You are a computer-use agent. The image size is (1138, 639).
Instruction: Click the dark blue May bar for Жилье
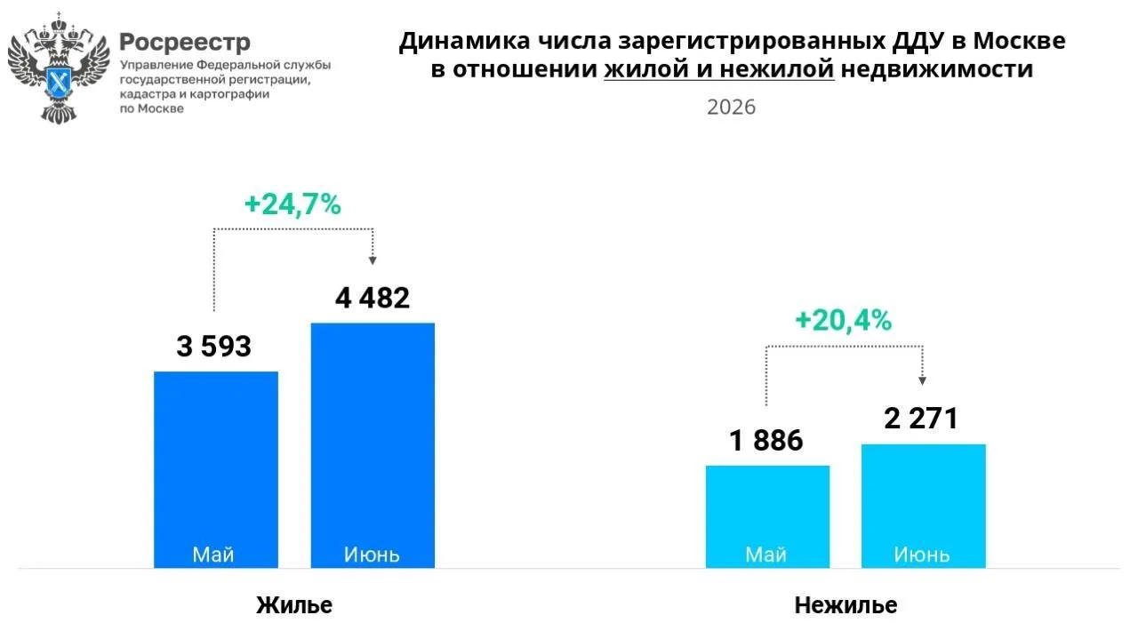pos(216,469)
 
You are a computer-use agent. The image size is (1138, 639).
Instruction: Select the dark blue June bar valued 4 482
pos(373,445)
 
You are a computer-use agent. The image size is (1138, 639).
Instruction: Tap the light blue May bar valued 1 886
pos(767,516)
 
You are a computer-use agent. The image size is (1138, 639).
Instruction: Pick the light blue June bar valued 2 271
pos(924,506)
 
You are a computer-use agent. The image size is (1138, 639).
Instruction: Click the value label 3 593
pos(214,347)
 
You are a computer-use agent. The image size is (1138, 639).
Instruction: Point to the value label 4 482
pos(373,298)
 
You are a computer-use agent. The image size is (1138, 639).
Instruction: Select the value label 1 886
pos(766,441)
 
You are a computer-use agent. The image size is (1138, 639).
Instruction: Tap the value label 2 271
pos(921,419)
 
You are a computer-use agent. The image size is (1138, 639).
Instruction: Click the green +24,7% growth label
pos(293,204)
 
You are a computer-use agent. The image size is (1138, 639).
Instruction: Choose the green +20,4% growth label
pos(844,321)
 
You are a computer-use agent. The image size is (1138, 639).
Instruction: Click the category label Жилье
pos(294,605)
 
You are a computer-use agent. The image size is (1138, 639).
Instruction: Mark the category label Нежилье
pos(845,605)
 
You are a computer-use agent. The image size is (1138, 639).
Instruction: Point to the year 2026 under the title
pos(732,108)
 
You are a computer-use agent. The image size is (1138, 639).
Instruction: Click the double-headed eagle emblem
pos(59,68)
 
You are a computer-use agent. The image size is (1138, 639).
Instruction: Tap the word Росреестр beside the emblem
pos(185,42)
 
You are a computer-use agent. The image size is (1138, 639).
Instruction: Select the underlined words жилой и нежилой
pos(719,69)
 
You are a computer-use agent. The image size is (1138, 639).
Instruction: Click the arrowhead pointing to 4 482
pos(373,260)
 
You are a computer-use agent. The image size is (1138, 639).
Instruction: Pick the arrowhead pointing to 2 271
pos(923,381)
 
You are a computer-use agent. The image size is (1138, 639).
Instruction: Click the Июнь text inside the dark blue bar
pos(372,555)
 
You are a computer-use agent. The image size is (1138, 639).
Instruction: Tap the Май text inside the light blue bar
pos(766,555)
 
